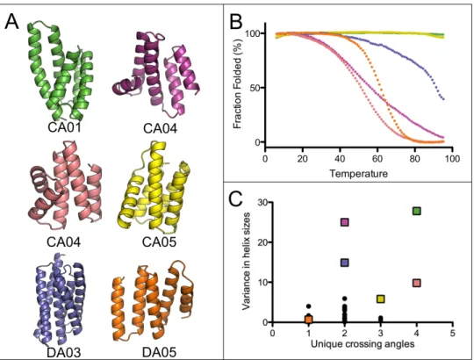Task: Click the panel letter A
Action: coord(11,22)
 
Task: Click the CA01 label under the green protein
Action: coord(64,127)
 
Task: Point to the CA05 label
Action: coord(159,241)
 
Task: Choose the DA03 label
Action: coord(64,352)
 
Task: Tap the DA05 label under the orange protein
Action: coord(159,352)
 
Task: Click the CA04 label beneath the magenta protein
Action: coord(161,128)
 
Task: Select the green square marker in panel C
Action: coord(417,211)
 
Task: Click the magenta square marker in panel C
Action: coord(345,222)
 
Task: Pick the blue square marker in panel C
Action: coord(345,263)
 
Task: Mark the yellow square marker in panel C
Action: coord(381,299)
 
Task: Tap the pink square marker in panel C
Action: coord(417,283)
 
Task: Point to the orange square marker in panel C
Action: coord(308,320)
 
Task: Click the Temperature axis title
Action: coord(358,174)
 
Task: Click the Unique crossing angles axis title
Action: coord(363,343)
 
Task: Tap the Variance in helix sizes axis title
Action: coord(247,261)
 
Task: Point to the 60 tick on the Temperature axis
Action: coord(377,159)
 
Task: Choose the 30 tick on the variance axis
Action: coord(263,202)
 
